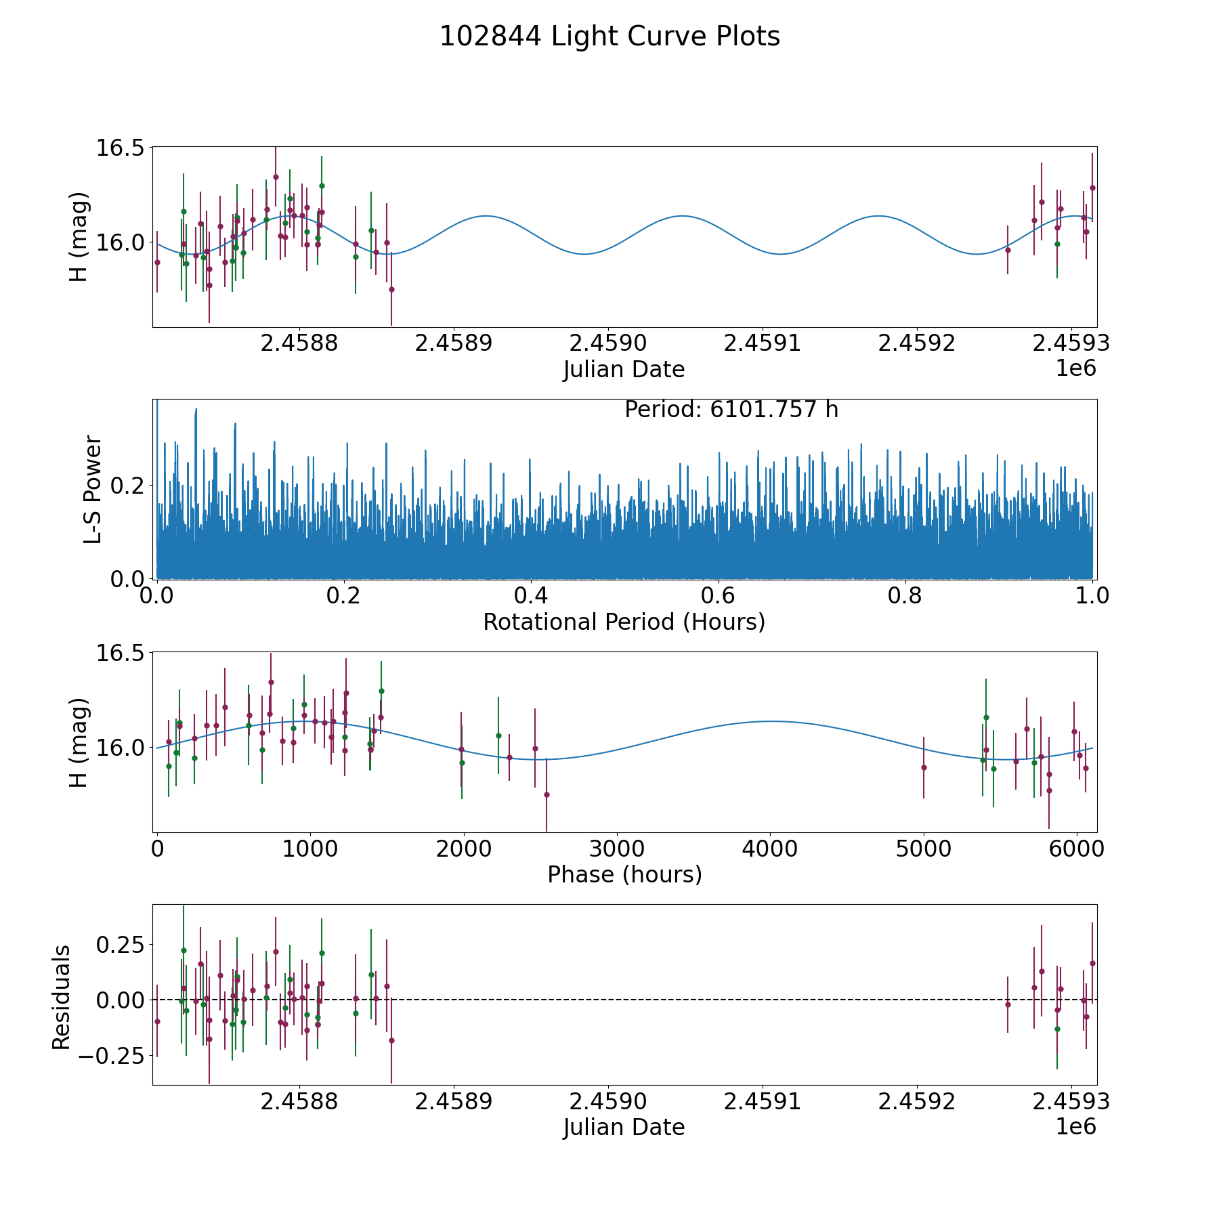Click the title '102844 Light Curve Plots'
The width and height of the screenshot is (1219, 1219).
tap(609, 37)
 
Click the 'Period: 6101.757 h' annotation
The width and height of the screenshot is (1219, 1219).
tap(731, 410)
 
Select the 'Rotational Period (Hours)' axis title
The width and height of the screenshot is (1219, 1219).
tap(624, 622)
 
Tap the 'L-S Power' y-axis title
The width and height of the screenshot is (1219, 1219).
tap(93, 489)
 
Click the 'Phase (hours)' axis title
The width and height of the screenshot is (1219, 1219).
tap(624, 874)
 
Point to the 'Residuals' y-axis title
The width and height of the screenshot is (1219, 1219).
tap(62, 997)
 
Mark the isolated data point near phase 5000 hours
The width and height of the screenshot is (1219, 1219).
tap(924, 767)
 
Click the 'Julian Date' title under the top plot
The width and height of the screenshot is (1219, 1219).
tap(624, 370)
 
